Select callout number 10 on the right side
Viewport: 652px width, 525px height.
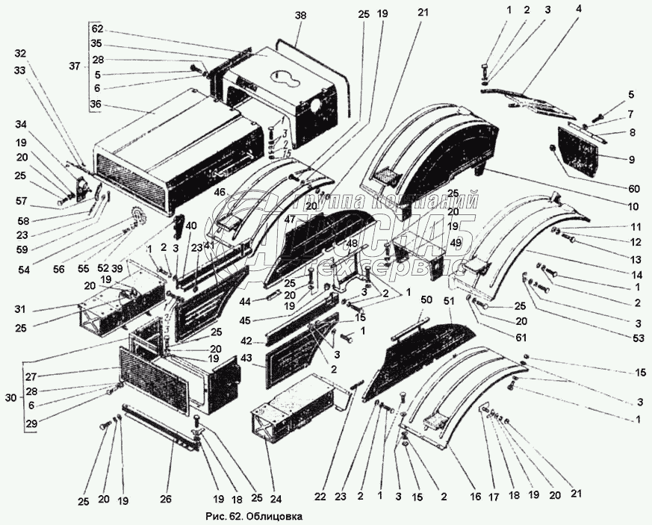pyautogui.click(x=634, y=206)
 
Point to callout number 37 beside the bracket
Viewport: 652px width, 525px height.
pyautogui.click(x=74, y=66)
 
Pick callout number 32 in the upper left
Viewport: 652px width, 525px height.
pyautogui.click(x=20, y=53)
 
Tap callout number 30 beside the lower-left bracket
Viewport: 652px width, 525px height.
pyautogui.click(x=10, y=398)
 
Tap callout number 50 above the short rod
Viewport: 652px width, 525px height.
pyautogui.click(x=426, y=299)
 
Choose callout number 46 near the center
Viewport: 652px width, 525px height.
pyautogui.click(x=219, y=193)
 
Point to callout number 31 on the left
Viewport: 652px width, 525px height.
pyautogui.click(x=20, y=310)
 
